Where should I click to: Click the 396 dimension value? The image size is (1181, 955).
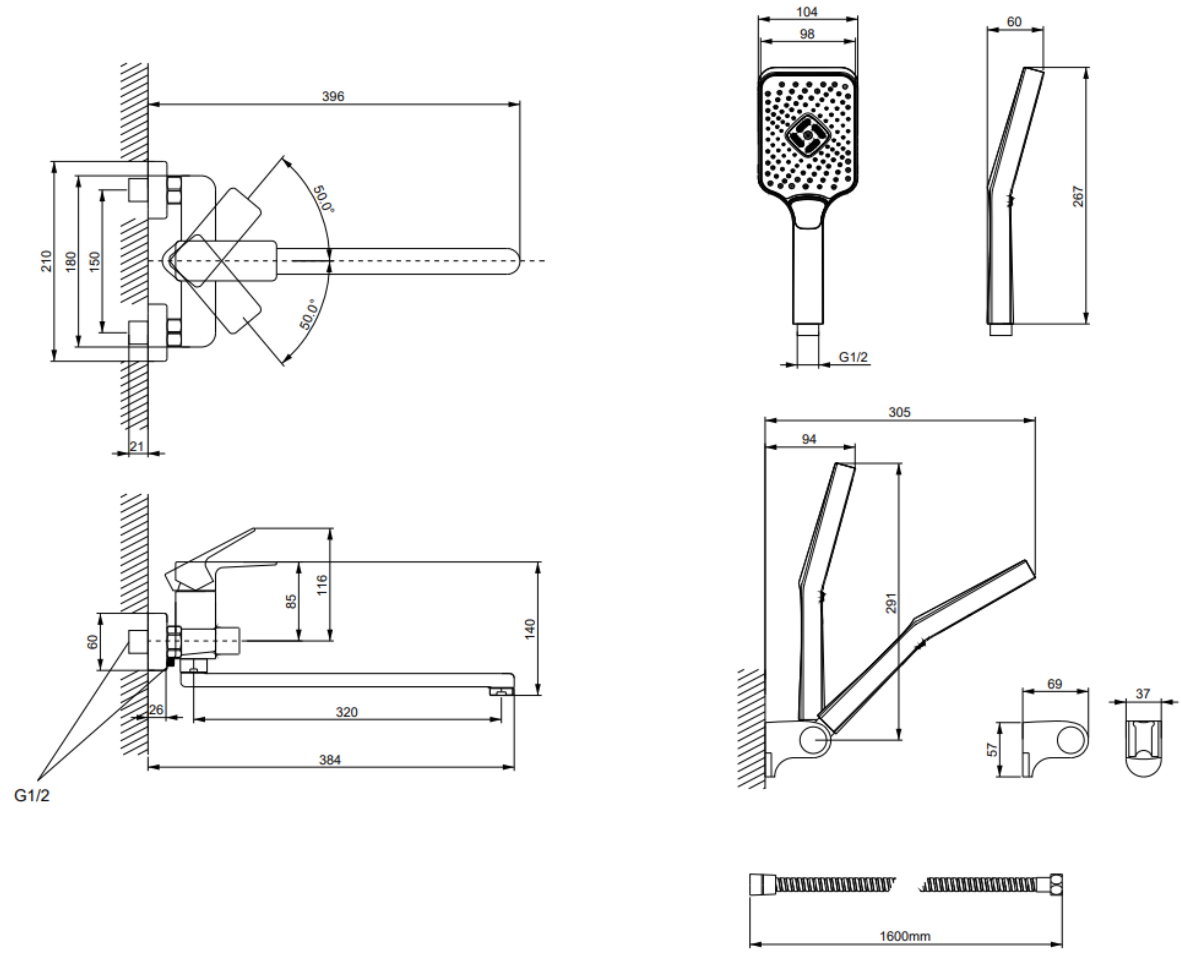333,96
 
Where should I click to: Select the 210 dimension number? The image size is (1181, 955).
47,261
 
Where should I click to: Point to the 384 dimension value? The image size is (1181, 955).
330,760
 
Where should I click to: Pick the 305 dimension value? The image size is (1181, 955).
899,412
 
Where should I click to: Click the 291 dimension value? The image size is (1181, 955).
892,603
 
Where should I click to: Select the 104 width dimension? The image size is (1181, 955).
807,11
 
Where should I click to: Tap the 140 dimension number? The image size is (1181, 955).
529,629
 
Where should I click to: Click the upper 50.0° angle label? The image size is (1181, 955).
324,199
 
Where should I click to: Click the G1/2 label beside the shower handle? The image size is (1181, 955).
853,357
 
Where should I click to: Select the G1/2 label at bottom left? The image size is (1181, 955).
32,795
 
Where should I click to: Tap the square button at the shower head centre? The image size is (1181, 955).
808,135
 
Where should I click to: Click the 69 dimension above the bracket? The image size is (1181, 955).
1055,684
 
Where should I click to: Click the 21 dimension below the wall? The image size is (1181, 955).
137,446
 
